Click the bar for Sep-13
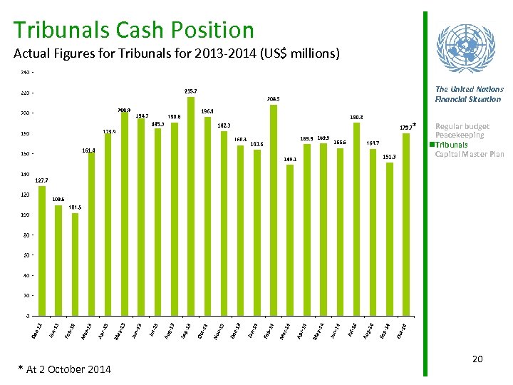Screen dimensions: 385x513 tap(190, 206)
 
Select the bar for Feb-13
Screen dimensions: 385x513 tap(75, 264)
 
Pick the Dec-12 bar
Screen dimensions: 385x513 tap(42, 250)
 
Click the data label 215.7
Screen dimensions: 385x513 tap(191, 91)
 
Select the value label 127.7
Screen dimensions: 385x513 tap(41, 180)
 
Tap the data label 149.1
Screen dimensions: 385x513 tap(290, 159)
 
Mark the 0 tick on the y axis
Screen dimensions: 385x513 tap(27, 315)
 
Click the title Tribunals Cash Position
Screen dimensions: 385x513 tap(133, 30)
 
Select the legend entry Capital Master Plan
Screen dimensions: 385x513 tap(469, 154)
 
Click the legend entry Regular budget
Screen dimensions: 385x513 tap(462, 126)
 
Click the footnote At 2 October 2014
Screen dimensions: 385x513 tap(65, 369)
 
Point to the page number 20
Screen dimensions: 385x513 tap(477, 359)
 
